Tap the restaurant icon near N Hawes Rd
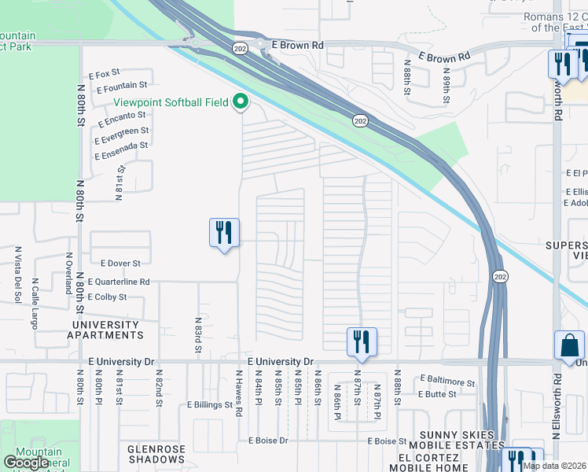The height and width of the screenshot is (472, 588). pos(224,233)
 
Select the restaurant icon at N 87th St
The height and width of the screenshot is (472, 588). pos(362,341)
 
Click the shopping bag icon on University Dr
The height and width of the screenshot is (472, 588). pos(569,345)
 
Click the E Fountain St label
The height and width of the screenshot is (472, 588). pos(122,86)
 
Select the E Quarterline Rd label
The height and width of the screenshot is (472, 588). pos(119,281)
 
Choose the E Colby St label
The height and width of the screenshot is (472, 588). pos(107,297)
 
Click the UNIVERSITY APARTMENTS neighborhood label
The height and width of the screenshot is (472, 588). pos(108,329)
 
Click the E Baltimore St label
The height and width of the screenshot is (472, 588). pos(447,382)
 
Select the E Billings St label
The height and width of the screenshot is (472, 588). pos(210,405)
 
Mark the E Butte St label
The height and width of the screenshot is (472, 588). pos(437,394)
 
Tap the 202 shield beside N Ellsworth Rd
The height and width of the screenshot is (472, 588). pos(501,277)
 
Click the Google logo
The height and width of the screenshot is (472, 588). pos(26,463)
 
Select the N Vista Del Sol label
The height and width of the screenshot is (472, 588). pos(17,275)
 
